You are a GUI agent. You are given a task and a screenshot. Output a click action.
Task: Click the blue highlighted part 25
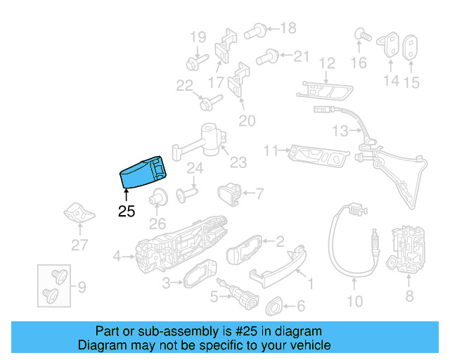coord(143,174)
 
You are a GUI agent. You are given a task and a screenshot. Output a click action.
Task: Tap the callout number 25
coord(127,211)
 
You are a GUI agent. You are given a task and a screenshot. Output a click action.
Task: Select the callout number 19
coord(198,37)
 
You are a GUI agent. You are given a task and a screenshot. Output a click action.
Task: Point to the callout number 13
coord(340,131)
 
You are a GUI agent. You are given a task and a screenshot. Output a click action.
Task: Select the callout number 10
coord(354,302)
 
